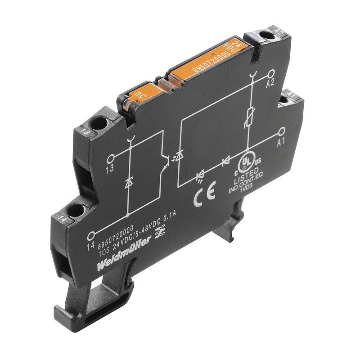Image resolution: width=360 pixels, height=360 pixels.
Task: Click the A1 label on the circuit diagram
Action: [281, 142]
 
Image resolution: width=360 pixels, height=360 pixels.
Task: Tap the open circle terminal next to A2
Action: [271, 74]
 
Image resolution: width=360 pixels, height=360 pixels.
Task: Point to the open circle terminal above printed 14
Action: [92, 234]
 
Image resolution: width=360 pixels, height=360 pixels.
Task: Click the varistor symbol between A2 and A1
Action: [249, 117]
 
